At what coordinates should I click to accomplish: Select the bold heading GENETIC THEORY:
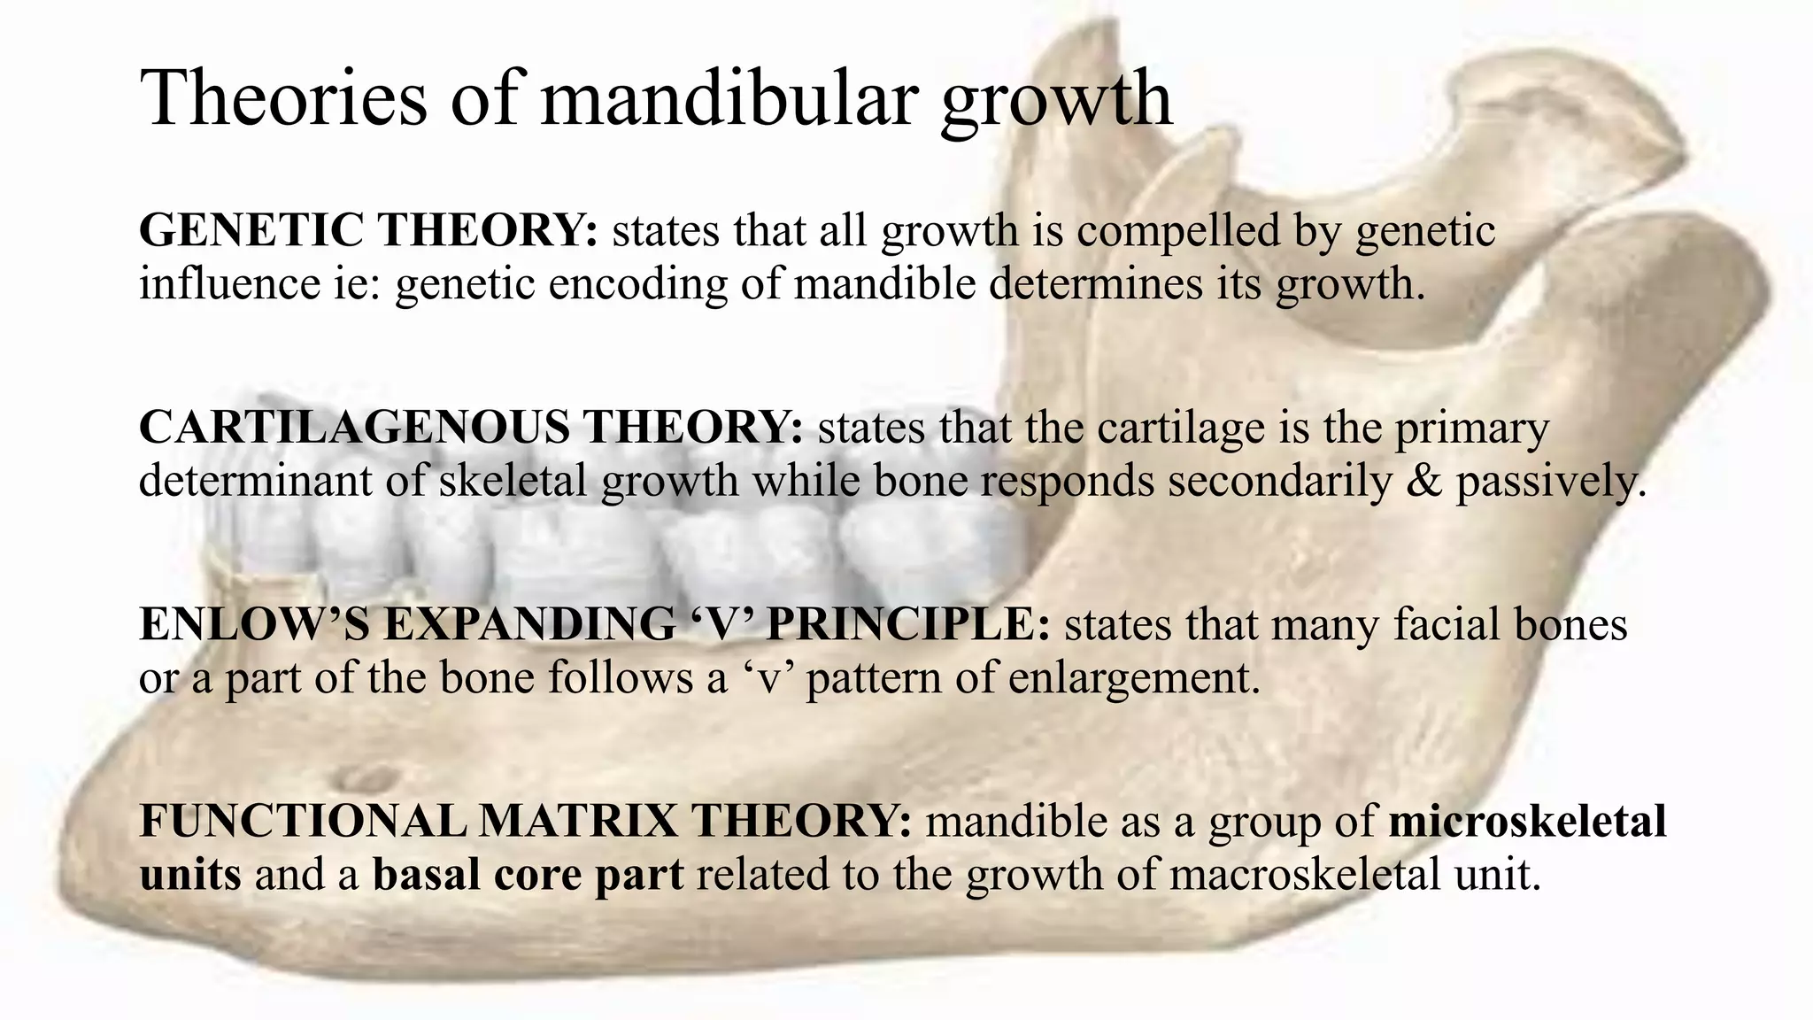[x=368, y=230]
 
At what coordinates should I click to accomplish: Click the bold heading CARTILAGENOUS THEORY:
[x=471, y=428]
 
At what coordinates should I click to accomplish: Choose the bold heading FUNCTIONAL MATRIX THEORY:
[x=525, y=821]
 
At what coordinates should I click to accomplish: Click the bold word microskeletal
[x=1527, y=821]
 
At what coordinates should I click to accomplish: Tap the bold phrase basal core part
[x=528, y=875]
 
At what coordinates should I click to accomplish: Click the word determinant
[x=255, y=482]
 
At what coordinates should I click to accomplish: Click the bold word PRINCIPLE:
[x=908, y=624]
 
